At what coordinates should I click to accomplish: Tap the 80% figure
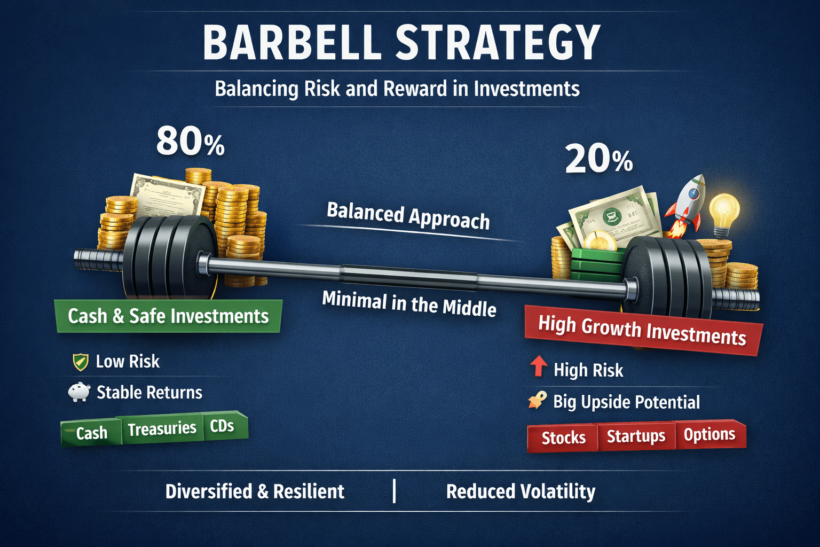[191, 141]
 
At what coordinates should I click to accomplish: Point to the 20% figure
[599, 158]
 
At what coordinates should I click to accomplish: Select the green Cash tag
[91, 432]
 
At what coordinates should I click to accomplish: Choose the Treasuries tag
[162, 428]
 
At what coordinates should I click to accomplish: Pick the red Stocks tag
[563, 438]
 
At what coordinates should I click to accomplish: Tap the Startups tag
[636, 436]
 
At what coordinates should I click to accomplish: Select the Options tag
[710, 434]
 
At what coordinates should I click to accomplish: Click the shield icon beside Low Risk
[81, 362]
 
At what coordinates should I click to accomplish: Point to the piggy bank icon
[79, 392]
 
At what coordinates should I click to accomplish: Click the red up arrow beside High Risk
[539, 366]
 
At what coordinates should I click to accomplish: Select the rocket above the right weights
[685, 206]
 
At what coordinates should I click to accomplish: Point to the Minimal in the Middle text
[409, 304]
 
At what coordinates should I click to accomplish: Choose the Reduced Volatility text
[521, 491]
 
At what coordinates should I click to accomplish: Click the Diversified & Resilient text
[255, 491]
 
